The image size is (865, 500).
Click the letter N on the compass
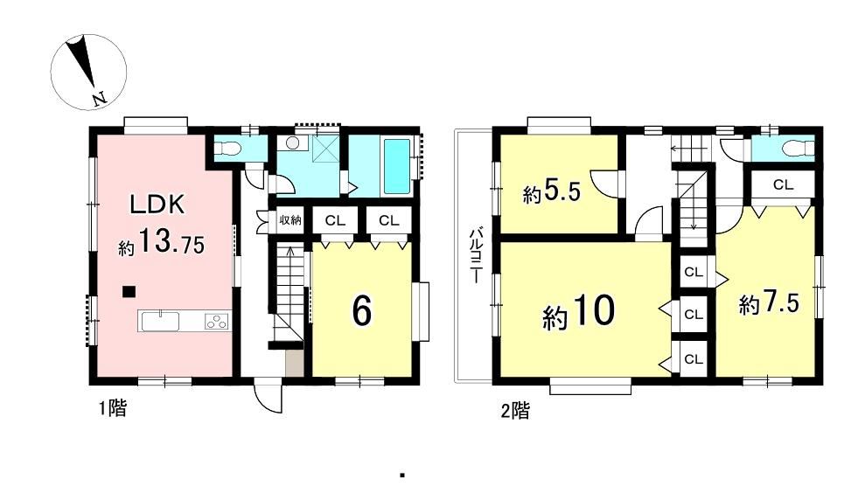100,99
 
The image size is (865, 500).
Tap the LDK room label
157,205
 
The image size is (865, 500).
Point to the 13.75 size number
171,242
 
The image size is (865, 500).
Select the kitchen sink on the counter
159,320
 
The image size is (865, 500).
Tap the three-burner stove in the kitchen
216,320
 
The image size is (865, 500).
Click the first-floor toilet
227,147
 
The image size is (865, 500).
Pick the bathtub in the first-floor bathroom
397,166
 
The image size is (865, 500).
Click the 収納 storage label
290,220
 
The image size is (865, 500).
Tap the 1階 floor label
113,408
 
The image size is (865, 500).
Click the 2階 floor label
515,411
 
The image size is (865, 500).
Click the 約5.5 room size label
552,192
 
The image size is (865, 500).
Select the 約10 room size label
579,311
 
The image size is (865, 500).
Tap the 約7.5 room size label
769,303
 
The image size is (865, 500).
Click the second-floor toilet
799,148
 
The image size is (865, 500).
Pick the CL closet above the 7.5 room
783,184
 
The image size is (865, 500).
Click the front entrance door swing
269,398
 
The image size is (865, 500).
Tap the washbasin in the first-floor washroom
293,142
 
